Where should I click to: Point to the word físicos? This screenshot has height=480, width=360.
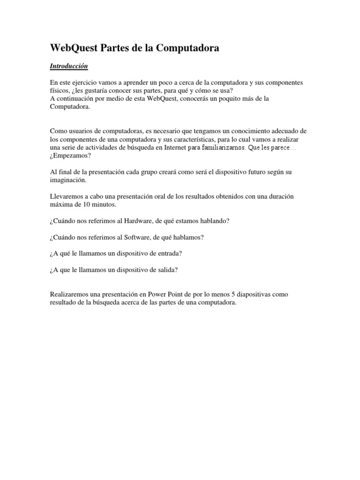click(60, 90)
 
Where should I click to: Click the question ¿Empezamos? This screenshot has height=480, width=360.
click(69, 156)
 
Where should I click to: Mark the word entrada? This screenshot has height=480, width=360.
click(171, 254)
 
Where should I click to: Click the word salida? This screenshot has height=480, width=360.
click(169, 270)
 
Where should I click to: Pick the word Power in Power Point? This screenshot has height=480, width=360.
click(157, 294)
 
